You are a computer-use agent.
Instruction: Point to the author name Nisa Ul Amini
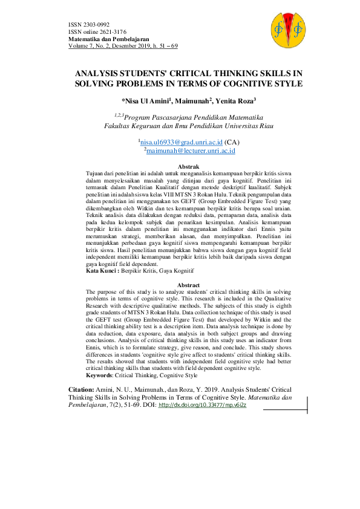pyautogui.click(x=146, y=101)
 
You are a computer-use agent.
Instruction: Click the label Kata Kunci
pyautogui.click(x=102, y=272)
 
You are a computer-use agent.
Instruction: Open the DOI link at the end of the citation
pyautogui.click(x=202, y=405)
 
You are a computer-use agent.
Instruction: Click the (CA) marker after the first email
pyautogui.click(x=229, y=140)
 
